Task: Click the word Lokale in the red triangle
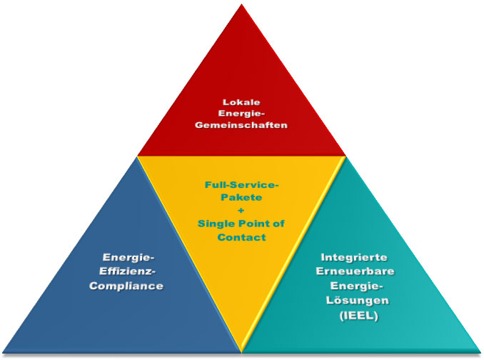pos(241,102)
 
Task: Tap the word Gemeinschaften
pos(241,125)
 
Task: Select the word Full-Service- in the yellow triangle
pos(242,185)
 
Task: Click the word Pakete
pos(241,197)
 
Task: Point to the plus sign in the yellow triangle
pos(241,211)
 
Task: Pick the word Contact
pos(242,237)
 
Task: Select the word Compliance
pos(126,286)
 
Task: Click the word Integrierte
pos(354,257)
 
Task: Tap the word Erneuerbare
pos(355,271)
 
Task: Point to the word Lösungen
pos(357,300)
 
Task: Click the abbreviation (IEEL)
pos(358,316)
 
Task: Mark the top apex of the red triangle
pos(242,4)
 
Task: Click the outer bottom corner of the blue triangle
pos(2,352)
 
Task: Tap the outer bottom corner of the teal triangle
pos(481,352)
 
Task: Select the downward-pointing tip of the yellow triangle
pos(242,352)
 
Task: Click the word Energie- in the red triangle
pos(242,114)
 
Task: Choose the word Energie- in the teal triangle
pos(356,286)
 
